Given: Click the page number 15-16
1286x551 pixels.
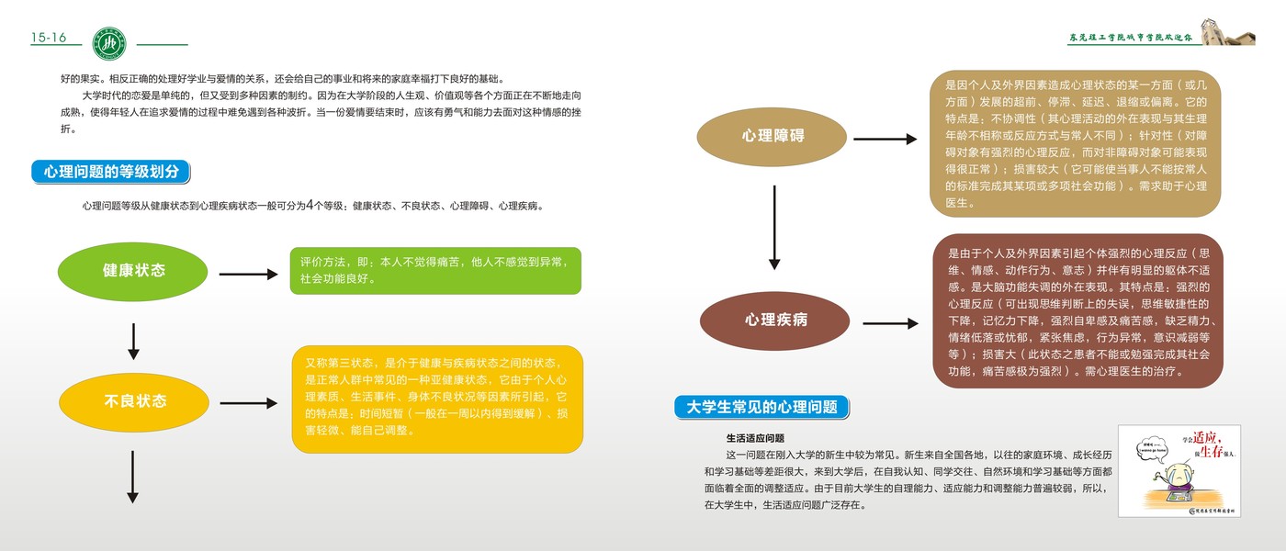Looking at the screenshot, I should click(x=49, y=38).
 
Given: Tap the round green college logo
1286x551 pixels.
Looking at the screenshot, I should click(x=112, y=41).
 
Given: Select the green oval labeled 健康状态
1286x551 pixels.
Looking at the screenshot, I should click(x=134, y=271).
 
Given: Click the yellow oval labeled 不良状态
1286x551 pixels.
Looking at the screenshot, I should click(x=134, y=401).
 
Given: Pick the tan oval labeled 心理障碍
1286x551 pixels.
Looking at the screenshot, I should click(x=773, y=136).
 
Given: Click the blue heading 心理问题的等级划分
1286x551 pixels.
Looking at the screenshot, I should click(x=111, y=171).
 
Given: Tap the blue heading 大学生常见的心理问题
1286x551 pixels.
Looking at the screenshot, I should click(x=761, y=407).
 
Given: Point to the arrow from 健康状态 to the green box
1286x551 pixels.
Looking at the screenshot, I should click(x=248, y=274).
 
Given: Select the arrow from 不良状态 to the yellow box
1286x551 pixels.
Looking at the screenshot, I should click(x=248, y=403).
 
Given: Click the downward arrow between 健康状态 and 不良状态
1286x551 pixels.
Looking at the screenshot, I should click(x=133, y=341).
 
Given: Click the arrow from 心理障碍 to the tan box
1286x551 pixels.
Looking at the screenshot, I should click(x=886, y=139).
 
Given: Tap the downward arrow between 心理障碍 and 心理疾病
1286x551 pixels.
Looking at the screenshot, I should click(x=774, y=227).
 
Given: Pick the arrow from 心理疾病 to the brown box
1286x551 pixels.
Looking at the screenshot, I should click(x=890, y=323).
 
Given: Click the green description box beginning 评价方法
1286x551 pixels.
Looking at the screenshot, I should click(x=435, y=270).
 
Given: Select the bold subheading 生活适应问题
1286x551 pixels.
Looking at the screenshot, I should click(x=755, y=438).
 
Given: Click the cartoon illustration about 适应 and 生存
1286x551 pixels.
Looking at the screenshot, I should click(x=1179, y=470).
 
